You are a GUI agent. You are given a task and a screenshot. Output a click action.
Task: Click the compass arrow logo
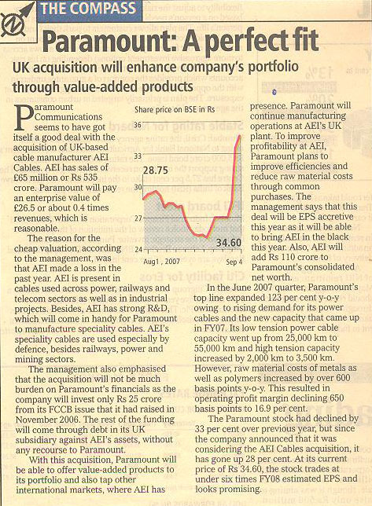click(17, 21)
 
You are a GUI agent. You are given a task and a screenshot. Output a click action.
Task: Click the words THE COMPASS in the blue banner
click(88, 9)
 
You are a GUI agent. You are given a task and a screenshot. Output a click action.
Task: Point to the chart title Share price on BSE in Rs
click(175, 109)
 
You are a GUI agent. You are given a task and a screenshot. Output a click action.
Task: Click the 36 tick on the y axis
click(138, 125)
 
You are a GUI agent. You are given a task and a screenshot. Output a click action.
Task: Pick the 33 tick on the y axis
click(138, 156)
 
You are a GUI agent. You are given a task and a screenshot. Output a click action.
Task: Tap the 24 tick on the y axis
click(138, 249)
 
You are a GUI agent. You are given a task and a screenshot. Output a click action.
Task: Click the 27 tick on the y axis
click(138, 218)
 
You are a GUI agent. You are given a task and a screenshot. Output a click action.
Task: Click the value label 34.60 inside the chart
click(229, 242)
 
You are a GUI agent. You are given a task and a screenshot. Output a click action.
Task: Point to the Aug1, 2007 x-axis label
click(161, 261)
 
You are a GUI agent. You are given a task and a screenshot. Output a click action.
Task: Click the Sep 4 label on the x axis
click(234, 262)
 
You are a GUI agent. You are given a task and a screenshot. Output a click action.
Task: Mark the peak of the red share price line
click(240, 136)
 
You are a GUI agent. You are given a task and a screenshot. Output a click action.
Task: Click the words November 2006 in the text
click(47, 420)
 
